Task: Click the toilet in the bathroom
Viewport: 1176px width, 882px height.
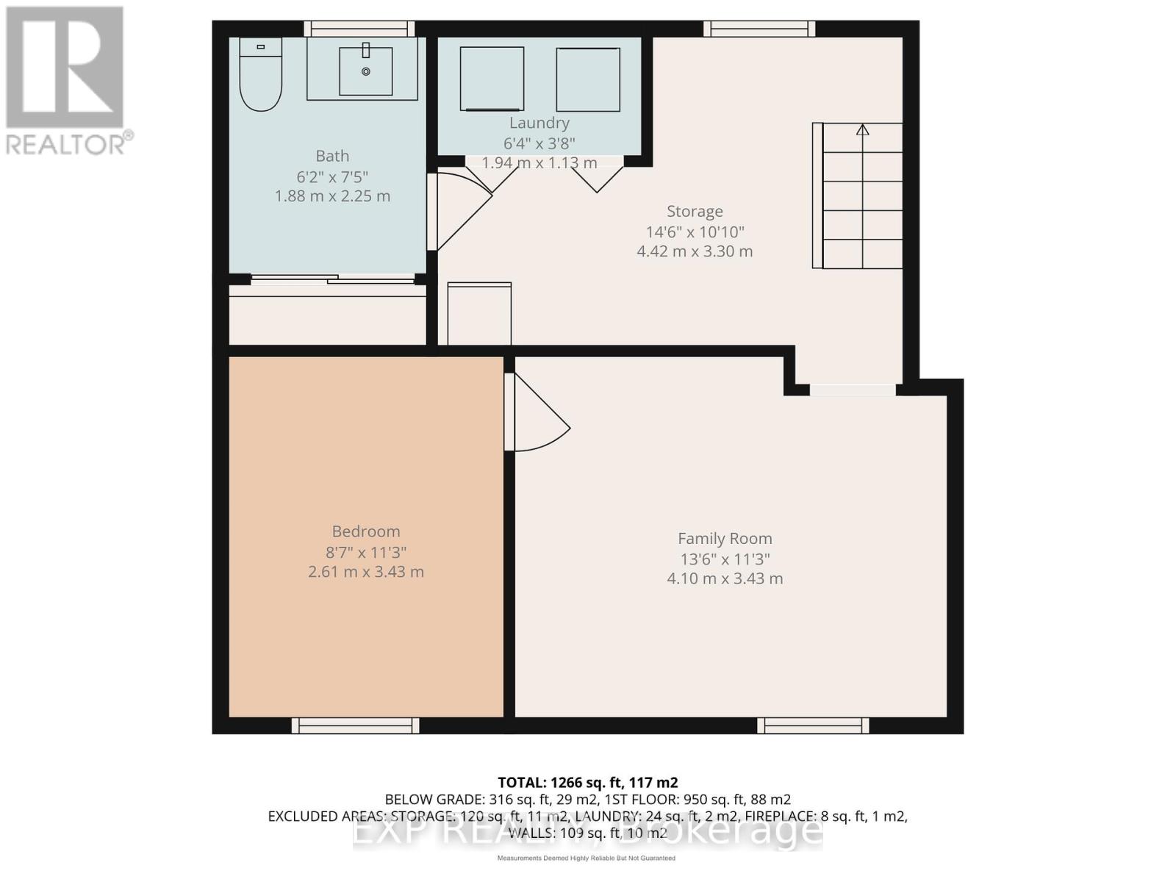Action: pyautogui.click(x=261, y=76)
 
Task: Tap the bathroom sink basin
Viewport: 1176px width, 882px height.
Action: pyautogui.click(x=365, y=71)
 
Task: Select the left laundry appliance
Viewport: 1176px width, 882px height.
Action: pyautogui.click(x=492, y=79)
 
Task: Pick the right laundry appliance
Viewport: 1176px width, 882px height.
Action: pyautogui.click(x=588, y=79)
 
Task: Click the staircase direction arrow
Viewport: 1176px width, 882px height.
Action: pyautogui.click(x=862, y=130)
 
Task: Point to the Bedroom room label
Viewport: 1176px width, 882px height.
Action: pyautogui.click(x=366, y=531)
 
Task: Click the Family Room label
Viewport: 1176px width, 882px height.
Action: pyautogui.click(x=725, y=539)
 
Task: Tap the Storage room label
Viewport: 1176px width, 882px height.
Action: pyautogui.click(x=695, y=212)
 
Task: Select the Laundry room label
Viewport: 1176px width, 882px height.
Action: pyautogui.click(x=539, y=123)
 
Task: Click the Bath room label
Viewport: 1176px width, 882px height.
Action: pyautogui.click(x=332, y=156)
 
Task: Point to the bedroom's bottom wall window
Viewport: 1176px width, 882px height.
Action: pyautogui.click(x=356, y=725)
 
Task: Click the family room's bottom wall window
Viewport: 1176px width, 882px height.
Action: pyautogui.click(x=813, y=725)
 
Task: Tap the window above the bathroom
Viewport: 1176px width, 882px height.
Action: pyautogui.click(x=359, y=29)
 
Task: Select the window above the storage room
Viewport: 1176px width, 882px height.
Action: pyautogui.click(x=759, y=29)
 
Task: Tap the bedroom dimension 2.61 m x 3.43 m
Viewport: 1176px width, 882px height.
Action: pyautogui.click(x=366, y=572)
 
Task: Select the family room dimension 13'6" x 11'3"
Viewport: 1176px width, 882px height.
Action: pyautogui.click(x=725, y=559)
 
